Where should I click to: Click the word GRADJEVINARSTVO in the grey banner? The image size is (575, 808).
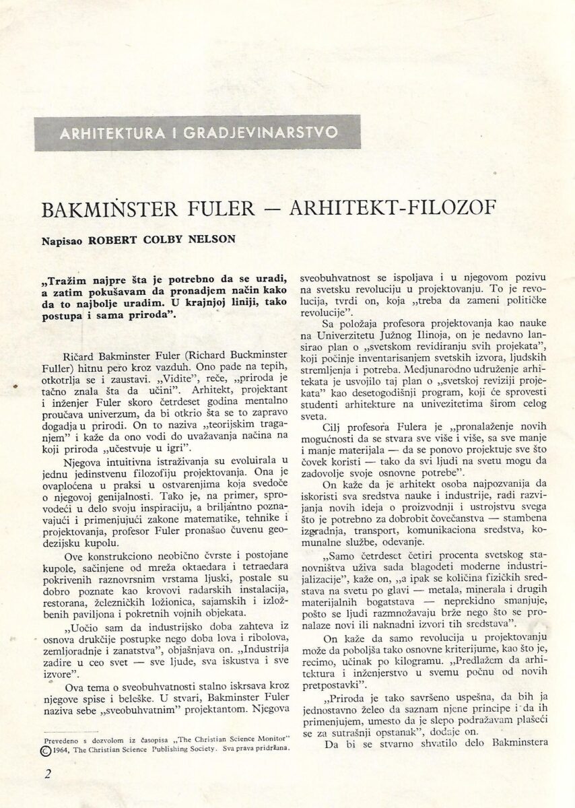point(256,133)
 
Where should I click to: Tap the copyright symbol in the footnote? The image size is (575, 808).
point(46,736)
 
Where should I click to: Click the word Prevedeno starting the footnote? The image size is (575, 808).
point(60,725)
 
